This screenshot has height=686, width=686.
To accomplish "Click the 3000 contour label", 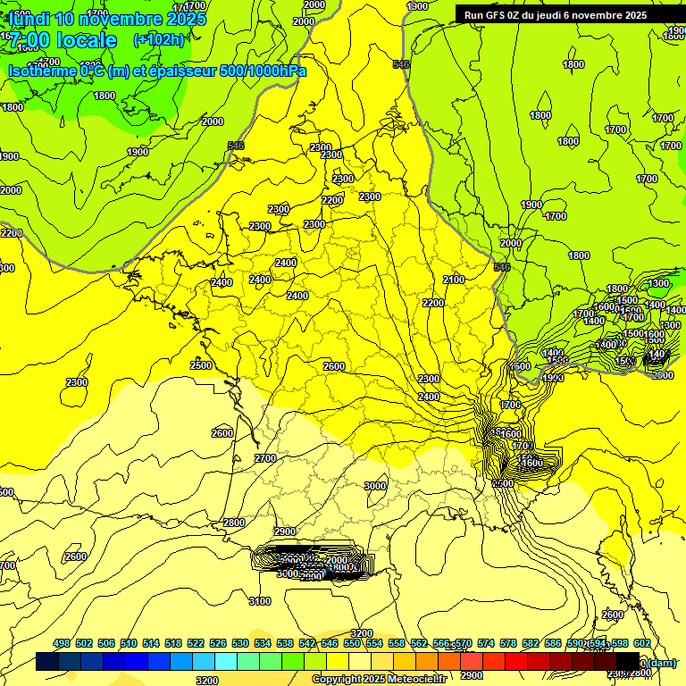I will click(x=375, y=486).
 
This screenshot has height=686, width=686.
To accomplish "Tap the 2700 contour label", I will click(x=265, y=458).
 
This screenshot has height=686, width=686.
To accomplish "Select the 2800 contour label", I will click(x=234, y=523).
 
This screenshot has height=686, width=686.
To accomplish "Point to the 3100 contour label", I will click(x=260, y=601).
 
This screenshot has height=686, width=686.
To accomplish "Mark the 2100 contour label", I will click(x=454, y=280).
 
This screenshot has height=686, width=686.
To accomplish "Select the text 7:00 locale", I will click(x=61, y=40).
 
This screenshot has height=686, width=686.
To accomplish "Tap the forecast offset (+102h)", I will click(x=158, y=40).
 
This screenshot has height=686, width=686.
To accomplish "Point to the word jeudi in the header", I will click(x=556, y=15).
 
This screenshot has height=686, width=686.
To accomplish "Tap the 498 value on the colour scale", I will click(x=62, y=643).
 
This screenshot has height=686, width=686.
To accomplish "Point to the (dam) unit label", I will click(x=660, y=663).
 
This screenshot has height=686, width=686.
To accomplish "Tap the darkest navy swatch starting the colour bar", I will click(x=47, y=662).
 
